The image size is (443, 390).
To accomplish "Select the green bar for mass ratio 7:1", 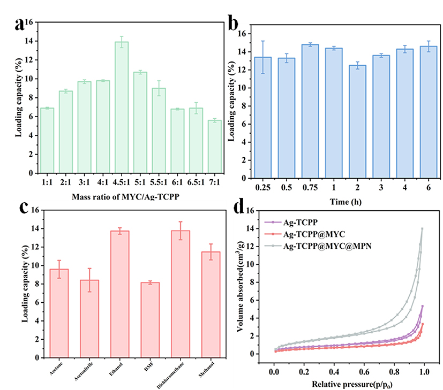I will pyautogui.click(x=215, y=147).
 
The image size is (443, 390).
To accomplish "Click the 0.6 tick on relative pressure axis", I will pyautogui.click(x=364, y=369).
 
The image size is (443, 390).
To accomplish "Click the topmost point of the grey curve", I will pyautogui.click(x=422, y=228).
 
